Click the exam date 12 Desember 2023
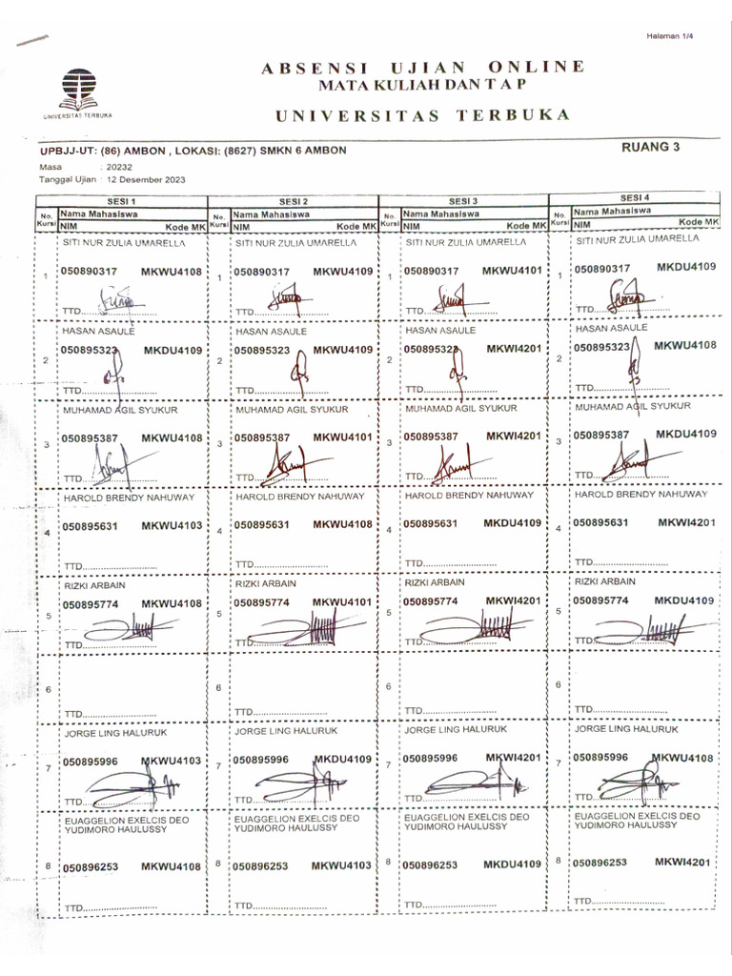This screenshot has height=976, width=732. tap(148, 179)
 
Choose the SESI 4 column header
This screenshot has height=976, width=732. tap(635, 197)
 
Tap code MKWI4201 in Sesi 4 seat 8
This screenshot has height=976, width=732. tap(683, 862)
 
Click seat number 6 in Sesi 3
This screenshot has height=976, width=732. tap(389, 686)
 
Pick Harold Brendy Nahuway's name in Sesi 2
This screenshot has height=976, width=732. tap(300, 497)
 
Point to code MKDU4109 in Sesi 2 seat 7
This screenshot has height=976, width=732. tap(341, 760)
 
